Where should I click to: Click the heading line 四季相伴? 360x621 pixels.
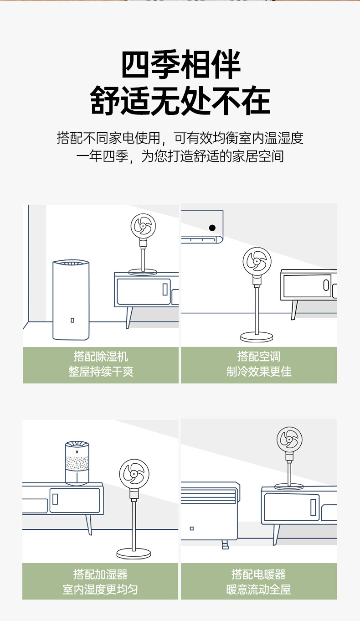(x=181, y=64)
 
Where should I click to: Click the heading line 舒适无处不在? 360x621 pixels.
(x=180, y=100)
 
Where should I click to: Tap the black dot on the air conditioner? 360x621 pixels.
(x=212, y=228)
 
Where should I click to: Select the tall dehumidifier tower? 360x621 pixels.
(x=71, y=300)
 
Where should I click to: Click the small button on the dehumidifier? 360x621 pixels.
(x=72, y=320)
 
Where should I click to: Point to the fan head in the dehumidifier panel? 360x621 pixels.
(x=143, y=226)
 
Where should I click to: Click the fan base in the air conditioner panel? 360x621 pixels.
(x=257, y=337)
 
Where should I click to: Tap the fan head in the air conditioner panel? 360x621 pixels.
(x=257, y=261)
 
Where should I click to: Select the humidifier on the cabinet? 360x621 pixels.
(x=77, y=463)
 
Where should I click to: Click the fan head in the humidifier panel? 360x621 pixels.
(x=134, y=474)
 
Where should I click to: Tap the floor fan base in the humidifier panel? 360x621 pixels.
(x=134, y=554)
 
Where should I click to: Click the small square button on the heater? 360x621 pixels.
(x=191, y=528)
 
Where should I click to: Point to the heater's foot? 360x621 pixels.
(x=225, y=545)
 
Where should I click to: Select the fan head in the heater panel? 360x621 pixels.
(x=289, y=440)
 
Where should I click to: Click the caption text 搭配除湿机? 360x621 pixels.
(x=101, y=357)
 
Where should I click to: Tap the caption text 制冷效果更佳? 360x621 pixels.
(x=259, y=372)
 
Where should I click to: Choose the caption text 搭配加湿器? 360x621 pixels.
(x=100, y=574)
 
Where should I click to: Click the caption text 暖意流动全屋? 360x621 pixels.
(x=258, y=590)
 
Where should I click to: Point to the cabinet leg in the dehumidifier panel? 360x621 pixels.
(x=129, y=318)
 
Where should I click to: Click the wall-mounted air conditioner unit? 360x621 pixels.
(x=202, y=227)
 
